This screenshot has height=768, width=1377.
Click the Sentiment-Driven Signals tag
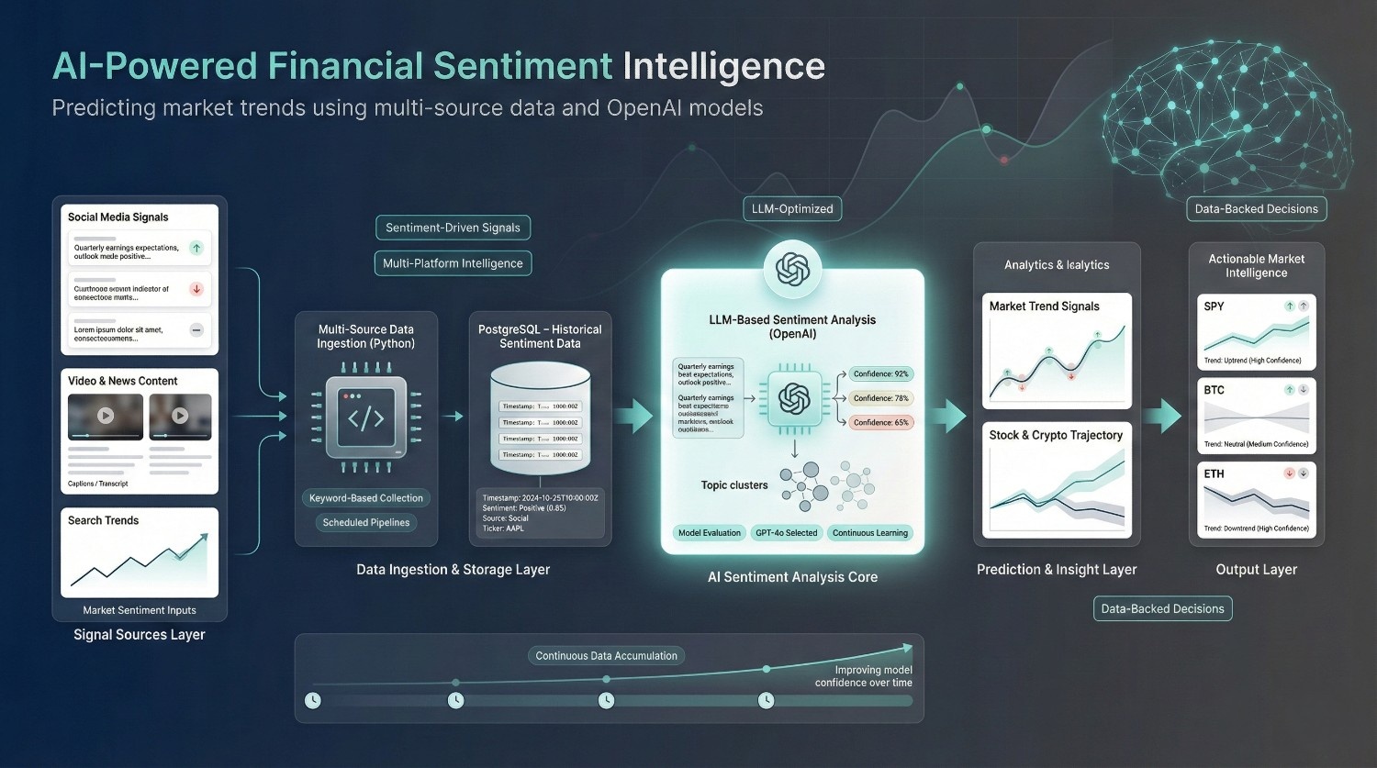[453, 228]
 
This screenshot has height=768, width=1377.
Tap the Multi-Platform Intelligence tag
[453, 263]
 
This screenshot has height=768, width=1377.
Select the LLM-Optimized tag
[792, 208]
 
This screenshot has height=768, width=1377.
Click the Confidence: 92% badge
[880, 374]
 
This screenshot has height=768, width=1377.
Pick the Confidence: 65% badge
[880, 423]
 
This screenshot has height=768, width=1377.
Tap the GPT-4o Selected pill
[786, 533]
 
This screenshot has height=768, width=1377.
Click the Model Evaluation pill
[709, 533]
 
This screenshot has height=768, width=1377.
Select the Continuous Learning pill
[869, 533]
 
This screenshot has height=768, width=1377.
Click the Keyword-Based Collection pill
[366, 498]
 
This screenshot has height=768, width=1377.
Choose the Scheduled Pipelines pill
[366, 523]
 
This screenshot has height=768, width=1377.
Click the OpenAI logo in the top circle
[792, 270]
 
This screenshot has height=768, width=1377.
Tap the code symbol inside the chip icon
[365, 418]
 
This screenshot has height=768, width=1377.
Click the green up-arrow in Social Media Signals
[196, 248]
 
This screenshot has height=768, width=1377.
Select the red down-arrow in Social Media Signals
[196, 289]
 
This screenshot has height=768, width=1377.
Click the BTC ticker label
[1214, 390]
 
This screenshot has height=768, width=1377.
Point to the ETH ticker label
[1214, 473]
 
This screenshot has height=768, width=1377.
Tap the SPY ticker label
[1214, 306]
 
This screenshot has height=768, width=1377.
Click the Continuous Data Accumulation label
[606, 656]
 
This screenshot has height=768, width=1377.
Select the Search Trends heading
[103, 520]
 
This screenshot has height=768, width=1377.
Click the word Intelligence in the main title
[723, 66]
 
